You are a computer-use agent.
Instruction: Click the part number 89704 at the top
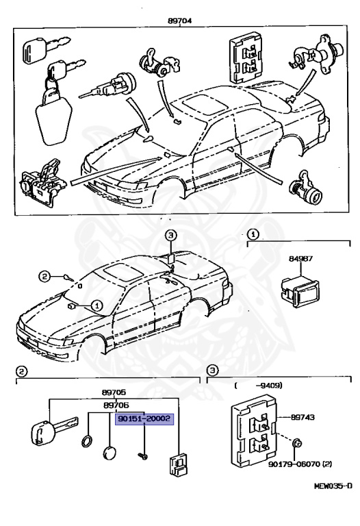point(179,21)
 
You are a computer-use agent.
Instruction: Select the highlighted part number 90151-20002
point(144,419)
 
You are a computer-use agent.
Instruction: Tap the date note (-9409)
point(251,385)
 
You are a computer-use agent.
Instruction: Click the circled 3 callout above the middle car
point(170,236)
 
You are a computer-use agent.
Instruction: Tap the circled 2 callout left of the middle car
point(44,277)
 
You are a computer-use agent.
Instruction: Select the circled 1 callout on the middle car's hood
point(97,305)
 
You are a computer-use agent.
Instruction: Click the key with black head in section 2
point(42,432)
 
